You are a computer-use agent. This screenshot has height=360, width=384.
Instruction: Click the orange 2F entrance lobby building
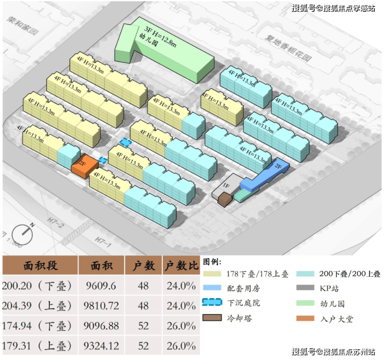84,165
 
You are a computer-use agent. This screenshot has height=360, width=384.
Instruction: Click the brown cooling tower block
225,199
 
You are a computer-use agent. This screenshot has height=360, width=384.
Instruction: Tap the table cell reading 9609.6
101,285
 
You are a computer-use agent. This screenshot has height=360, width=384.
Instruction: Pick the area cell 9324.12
101,345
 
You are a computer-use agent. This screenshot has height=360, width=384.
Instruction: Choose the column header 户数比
181,266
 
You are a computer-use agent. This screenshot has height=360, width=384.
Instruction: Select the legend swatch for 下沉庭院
213,303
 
